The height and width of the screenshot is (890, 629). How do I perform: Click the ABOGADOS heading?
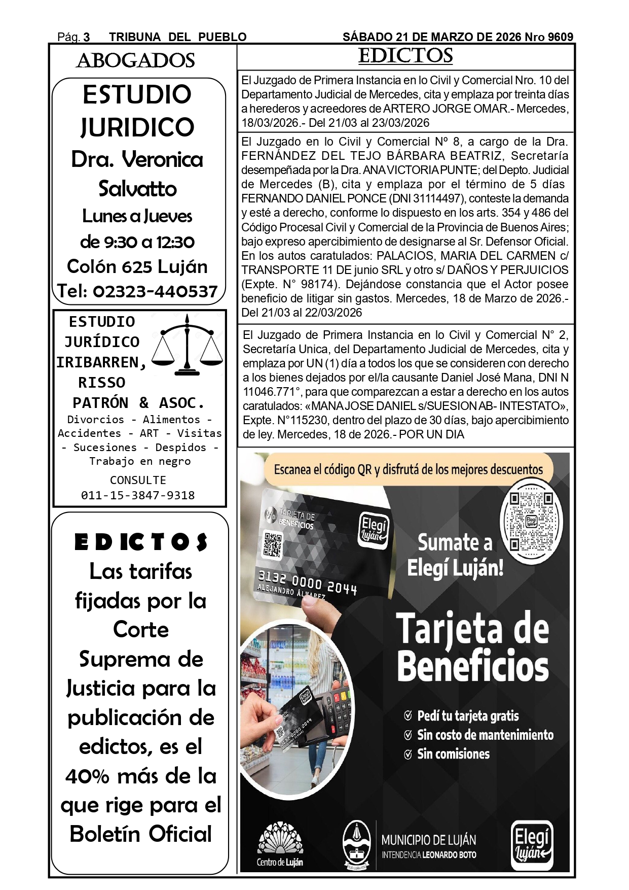tap(135, 60)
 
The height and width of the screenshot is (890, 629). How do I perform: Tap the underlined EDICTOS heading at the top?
tap(405, 56)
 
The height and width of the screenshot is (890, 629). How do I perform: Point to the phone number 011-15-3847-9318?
tap(138, 495)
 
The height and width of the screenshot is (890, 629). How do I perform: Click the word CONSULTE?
tap(138, 480)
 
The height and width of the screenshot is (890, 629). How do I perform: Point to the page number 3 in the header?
tap(87, 37)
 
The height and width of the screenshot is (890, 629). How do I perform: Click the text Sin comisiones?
tap(453, 754)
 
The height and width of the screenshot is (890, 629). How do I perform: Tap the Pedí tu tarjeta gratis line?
tap(467, 716)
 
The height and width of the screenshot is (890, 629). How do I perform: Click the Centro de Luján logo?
tap(280, 845)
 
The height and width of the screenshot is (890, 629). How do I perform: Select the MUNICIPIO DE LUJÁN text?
tap(428, 840)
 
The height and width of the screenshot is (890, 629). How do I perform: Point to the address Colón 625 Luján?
tap(137, 266)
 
